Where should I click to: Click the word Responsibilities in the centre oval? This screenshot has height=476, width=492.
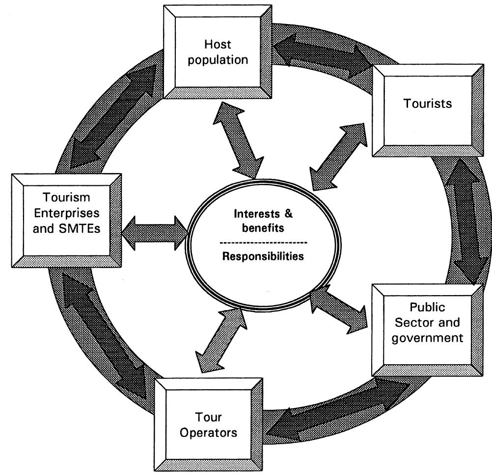point(263,256)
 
